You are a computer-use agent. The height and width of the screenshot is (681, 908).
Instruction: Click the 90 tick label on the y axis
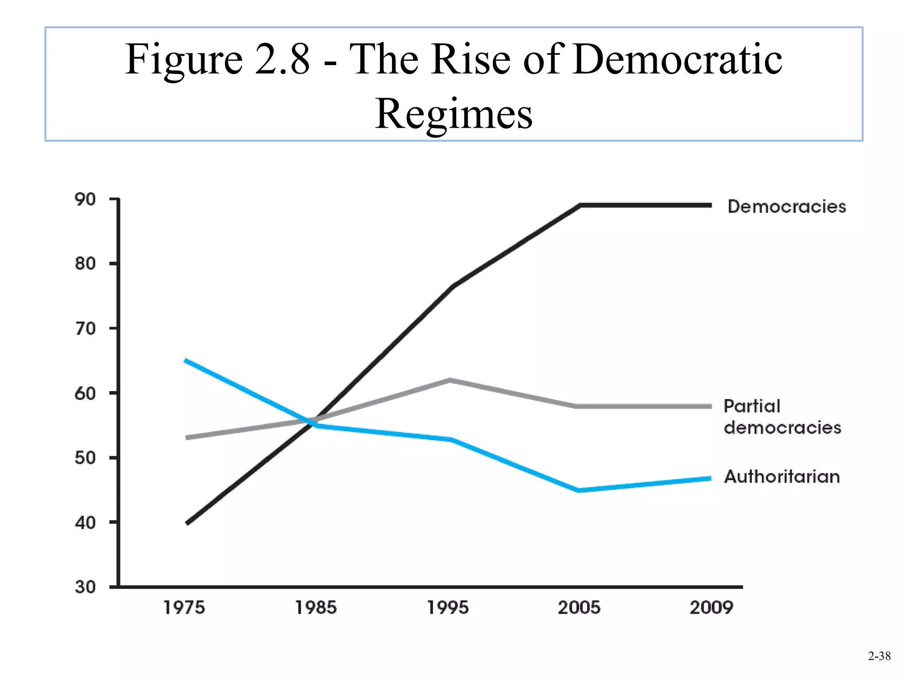pos(85,200)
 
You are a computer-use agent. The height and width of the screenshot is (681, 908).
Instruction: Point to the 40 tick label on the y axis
pos(85,523)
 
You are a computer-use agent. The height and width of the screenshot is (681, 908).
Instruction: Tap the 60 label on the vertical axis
pos(85,393)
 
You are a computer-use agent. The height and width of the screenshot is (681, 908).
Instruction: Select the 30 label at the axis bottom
pos(85,587)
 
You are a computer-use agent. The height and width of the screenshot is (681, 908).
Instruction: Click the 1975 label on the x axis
pos(184,607)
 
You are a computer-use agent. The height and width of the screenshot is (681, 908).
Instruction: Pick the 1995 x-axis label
pos(447,607)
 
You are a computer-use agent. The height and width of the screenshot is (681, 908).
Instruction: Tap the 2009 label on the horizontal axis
pos(711,607)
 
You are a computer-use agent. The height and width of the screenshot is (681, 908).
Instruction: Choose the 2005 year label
pos(579,607)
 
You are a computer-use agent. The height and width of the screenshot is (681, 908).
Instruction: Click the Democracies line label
pos(787,207)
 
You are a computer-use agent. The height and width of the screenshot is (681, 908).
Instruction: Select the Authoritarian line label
pos(782,477)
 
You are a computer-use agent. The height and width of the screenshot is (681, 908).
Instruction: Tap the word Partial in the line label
pos(751,406)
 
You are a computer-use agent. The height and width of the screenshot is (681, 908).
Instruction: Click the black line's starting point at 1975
pos(188,523)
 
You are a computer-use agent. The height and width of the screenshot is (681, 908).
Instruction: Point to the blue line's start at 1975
pos(186,360)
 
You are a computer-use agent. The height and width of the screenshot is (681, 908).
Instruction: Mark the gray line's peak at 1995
pos(450,380)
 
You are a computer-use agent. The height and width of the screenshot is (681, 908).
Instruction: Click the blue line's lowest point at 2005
pos(579,490)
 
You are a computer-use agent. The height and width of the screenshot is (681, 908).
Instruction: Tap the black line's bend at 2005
pos(580,205)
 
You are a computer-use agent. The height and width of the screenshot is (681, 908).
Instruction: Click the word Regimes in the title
pos(454,114)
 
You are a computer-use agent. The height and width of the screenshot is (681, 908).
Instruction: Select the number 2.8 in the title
pos(282,59)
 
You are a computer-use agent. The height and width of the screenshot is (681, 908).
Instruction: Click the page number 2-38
pos(879,656)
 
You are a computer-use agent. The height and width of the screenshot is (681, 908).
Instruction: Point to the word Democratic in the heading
pos(677,59)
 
